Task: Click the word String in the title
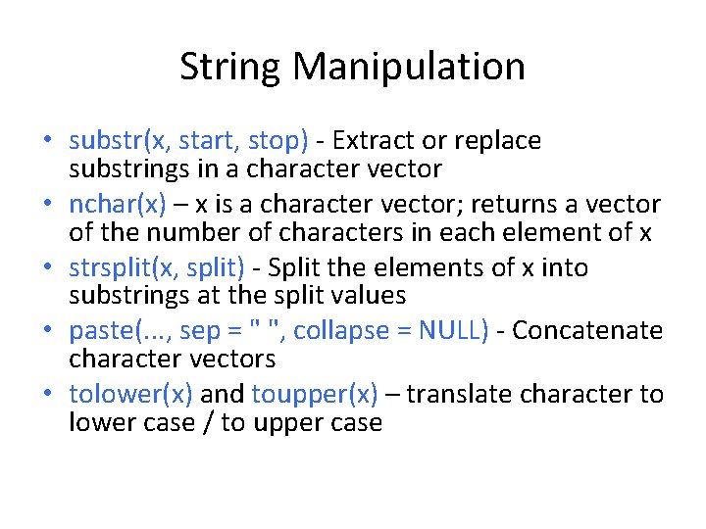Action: (x=231, y=67)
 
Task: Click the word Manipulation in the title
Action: (x=409, y=67)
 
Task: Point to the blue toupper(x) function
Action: (x=315, y=394)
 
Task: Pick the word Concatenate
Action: (x=587, y=330)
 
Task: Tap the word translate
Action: (x=460, y=394)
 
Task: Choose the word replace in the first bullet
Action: (x=499, y=141)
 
